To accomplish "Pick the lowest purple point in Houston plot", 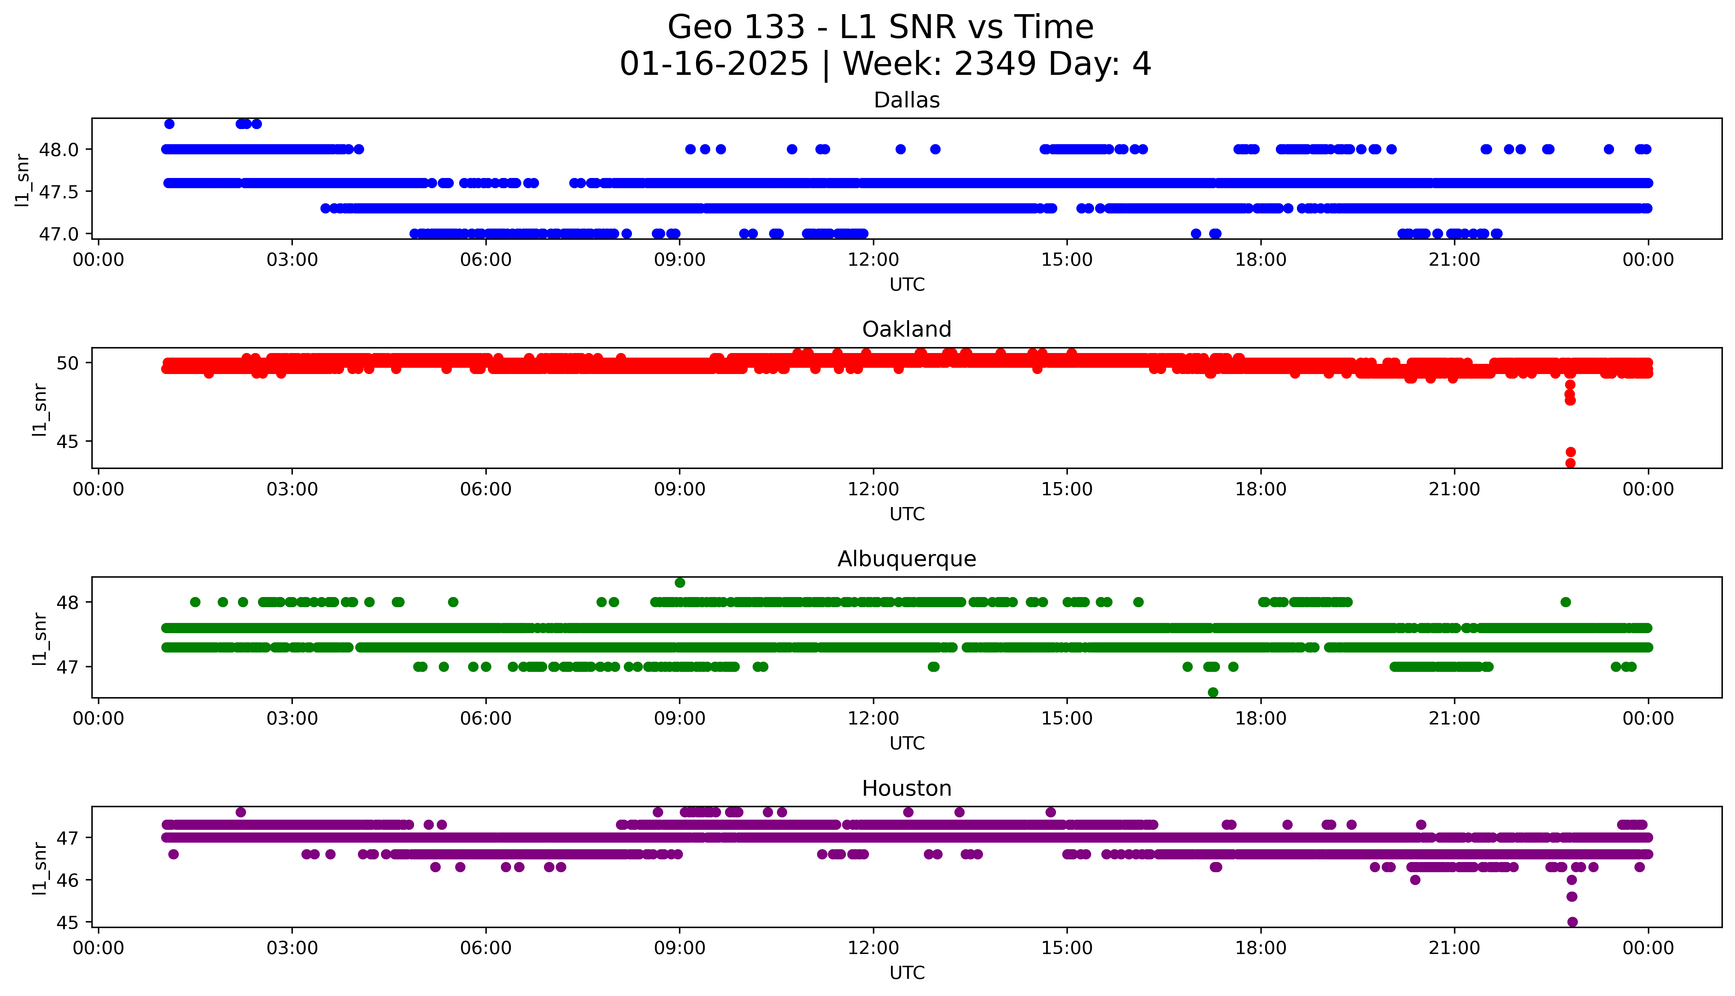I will [1572, 921].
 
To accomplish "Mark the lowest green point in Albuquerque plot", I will [1213, 692].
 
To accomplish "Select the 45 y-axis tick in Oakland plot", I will [68, 442].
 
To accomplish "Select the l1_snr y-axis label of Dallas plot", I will [23, 180].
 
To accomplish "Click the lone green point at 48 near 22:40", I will [1565, 602].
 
